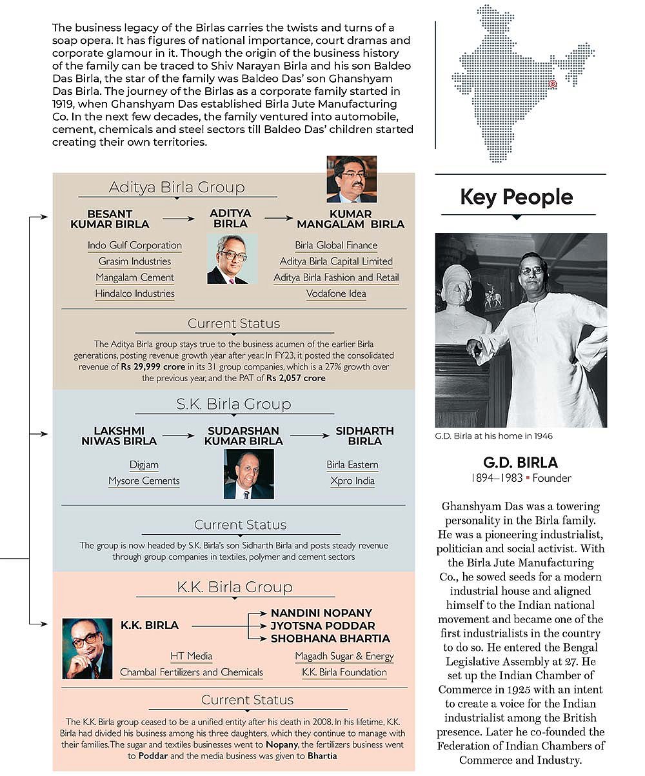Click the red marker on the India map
point(552,84)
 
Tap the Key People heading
point(516,197)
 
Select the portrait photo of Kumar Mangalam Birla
point(351,179)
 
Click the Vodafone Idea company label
point(336,293)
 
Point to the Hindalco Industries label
point(135,293)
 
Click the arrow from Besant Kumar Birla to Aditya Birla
point(179,219)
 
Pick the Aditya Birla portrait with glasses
point(232,259)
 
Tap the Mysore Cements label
point(144,481)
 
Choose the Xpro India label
point(352,481)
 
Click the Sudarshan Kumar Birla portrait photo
point(248,473)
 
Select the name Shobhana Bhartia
point(330,639)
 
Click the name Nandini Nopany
point(321,613)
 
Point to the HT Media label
point(191,656)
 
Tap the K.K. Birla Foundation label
point(344,672)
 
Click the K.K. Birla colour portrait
point(87,648)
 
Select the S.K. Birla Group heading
point(233,404)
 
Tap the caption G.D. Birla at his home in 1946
point(493,436)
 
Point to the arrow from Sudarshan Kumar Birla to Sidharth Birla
point(309,436)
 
